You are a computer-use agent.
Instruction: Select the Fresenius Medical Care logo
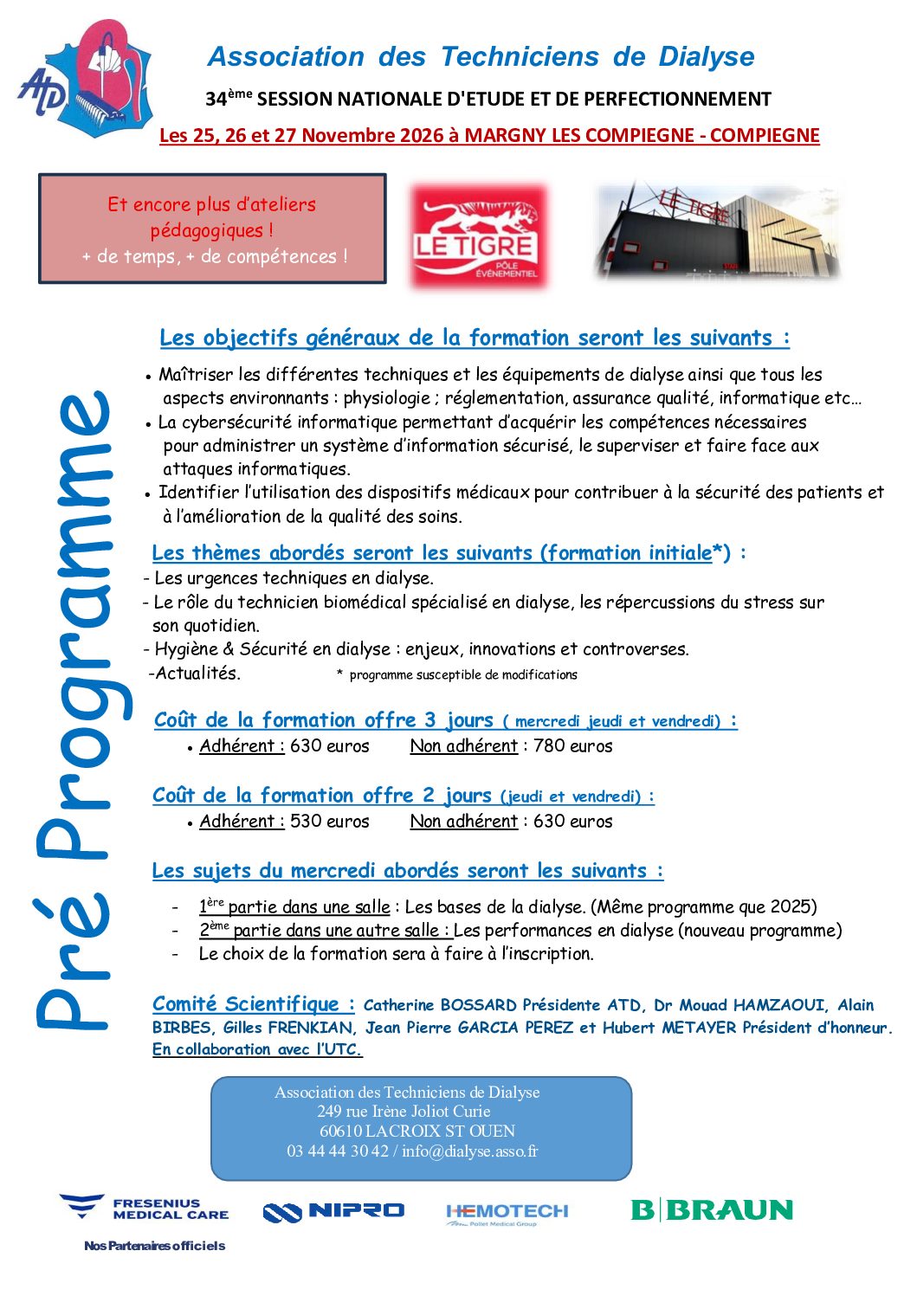click(x=145, y=1208)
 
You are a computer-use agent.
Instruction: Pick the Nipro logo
click(x=333, y=1211)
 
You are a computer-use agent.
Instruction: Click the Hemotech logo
click(x=507, y=1213)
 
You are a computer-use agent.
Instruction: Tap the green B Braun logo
click(x=712, y=1209)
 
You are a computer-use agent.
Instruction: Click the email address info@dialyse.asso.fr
click(x=469, y=1151)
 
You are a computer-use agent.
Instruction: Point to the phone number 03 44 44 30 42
click(x=338, y=1151)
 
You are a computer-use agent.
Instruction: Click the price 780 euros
click(x=572, y=745)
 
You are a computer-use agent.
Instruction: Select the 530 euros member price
click(x=329, y=821)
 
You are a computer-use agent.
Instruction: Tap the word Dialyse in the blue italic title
click(x=706, y=57)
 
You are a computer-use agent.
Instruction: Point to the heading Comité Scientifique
click(x=253, y=1003)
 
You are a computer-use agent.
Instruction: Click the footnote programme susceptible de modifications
click(x=462, y=674)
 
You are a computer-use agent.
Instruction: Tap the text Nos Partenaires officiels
click(x=154, y=1246)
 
